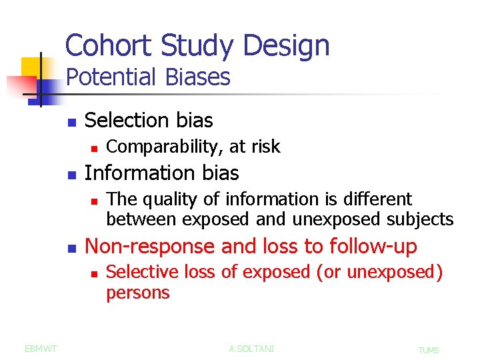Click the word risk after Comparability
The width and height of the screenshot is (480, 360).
[x=265, y=146]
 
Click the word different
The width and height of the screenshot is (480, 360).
[x=380, y=199]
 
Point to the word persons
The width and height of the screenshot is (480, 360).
[x=138, y=292]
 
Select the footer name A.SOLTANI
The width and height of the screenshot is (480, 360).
[x=251, y=349]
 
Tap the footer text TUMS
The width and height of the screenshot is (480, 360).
[x=429, y=350]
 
